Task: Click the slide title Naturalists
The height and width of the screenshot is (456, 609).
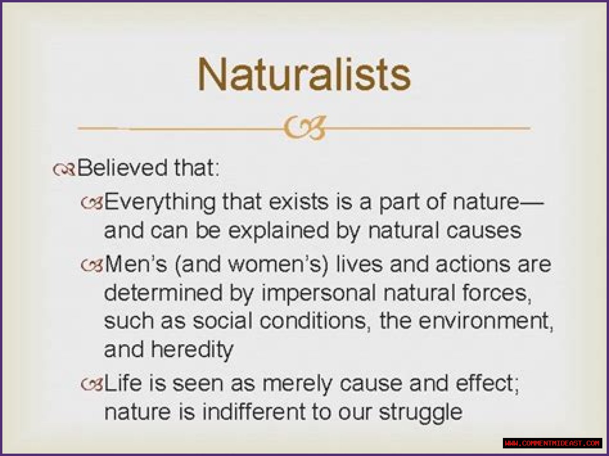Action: tap(304, 74)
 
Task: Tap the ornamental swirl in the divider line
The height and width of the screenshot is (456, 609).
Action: tap(304, 128)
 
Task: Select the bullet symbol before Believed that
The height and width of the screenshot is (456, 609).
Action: tap(64, 169)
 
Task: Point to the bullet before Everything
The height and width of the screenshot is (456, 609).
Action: tap(92, 204)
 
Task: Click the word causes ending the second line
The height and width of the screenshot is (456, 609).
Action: tap(484, 231)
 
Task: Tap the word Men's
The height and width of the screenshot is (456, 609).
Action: tap(136, 264)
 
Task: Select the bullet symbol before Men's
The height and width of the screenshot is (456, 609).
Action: tap(92, 265)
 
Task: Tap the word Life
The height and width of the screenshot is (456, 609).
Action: tap(123, 383)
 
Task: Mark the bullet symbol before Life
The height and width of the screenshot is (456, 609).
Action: tap(92, 385)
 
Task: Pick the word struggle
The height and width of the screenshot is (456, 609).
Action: tap(421, 414)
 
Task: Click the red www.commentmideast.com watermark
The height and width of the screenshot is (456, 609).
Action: tap(552, 443)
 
